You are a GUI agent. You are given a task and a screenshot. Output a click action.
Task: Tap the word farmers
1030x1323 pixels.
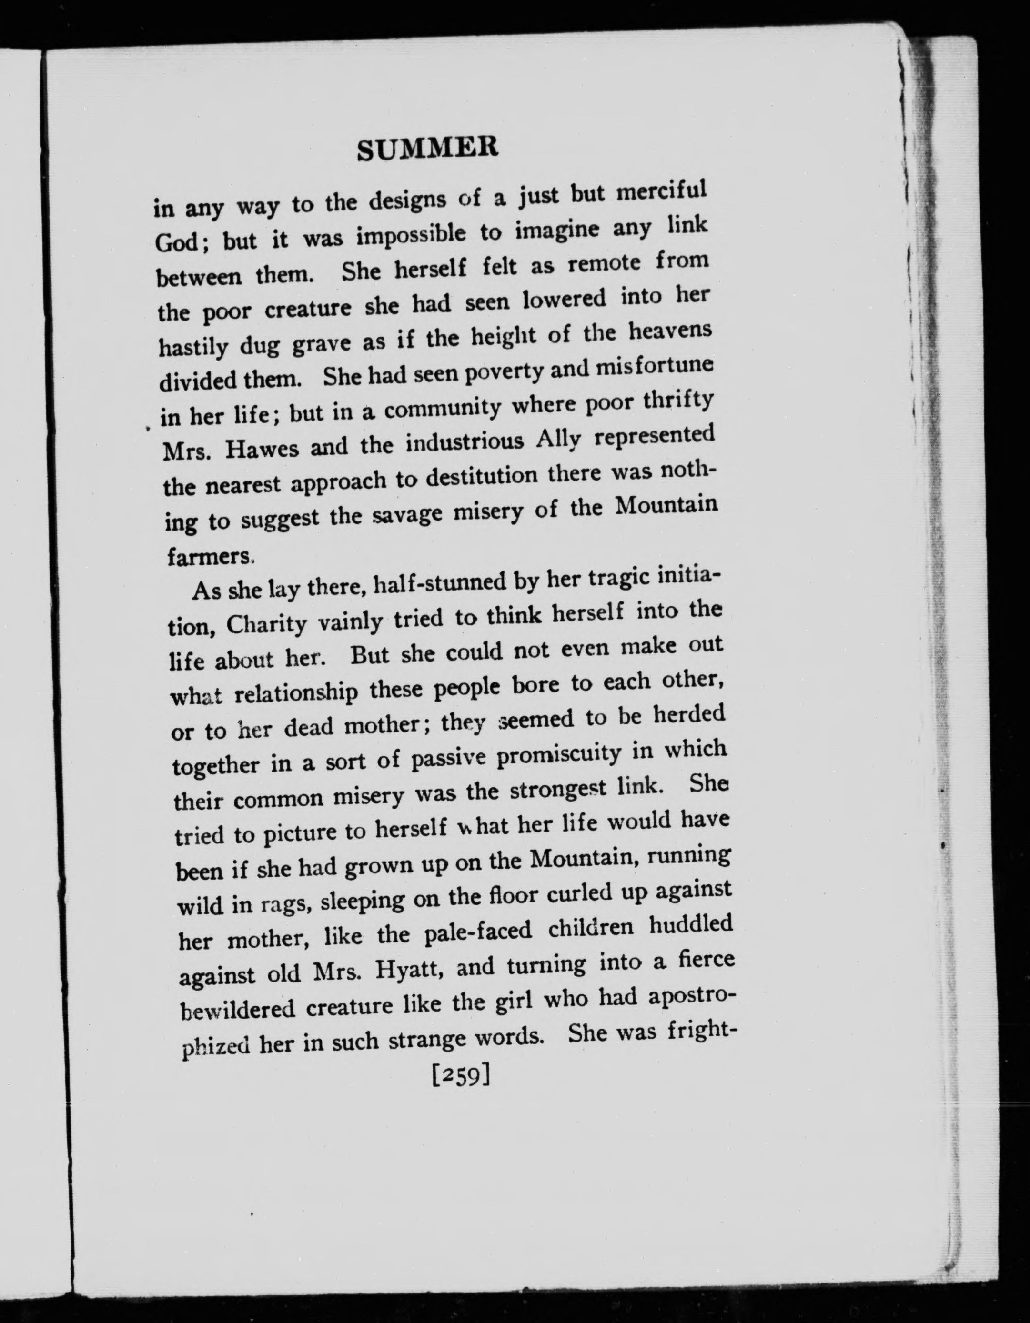pyautogui.click(x=209, y=555)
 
